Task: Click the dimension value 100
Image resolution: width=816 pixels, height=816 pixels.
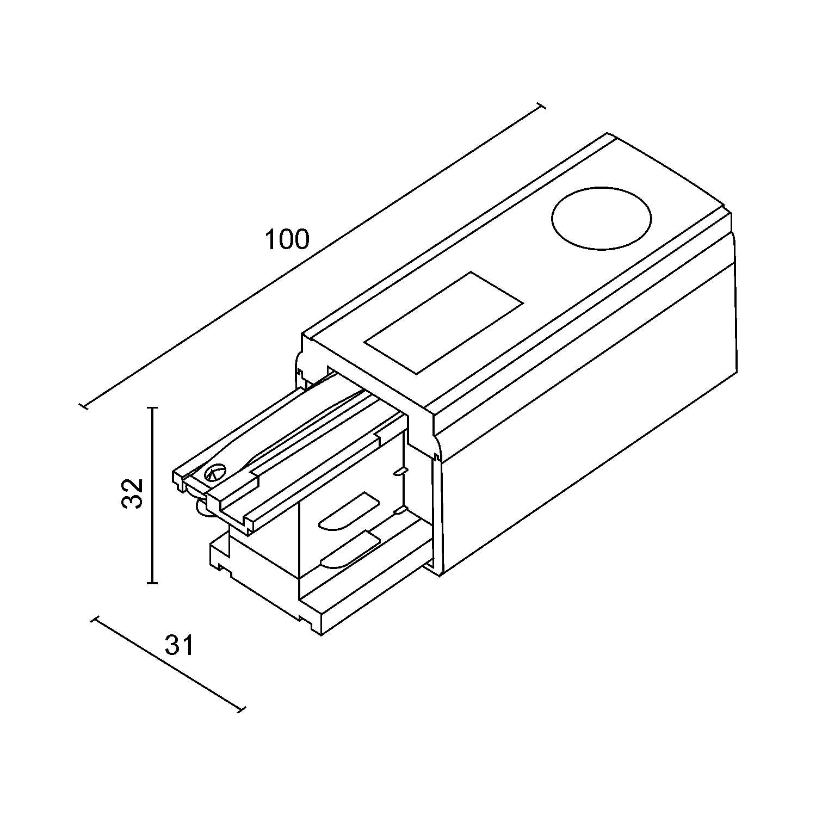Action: pos(287,239)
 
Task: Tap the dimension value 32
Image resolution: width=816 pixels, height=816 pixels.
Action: pos(132,493)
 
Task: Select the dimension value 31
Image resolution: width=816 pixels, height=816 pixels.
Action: pos(180,646)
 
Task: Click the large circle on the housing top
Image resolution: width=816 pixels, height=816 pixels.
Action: pos(601,218)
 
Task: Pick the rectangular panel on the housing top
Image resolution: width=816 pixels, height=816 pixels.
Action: pos(443,323)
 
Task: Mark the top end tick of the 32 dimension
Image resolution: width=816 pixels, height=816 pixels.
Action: pos(152,407)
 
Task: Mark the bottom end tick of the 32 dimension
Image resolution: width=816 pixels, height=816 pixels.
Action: pos(152,583)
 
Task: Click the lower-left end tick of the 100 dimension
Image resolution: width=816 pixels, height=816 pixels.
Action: pos(84,406)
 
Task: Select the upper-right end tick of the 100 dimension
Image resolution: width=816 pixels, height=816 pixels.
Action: pos(541,107)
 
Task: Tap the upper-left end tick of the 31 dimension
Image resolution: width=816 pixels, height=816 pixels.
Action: pos(95,621)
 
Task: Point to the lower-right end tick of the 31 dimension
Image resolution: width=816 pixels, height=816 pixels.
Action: pos(242,708)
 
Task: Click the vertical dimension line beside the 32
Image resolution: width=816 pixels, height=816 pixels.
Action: pos(152,495)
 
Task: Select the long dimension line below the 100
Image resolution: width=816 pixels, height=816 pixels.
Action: pos(312,256)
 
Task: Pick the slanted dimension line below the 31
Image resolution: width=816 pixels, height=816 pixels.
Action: pos(169,665)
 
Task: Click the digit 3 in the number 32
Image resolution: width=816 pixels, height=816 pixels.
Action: pos(132,502)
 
